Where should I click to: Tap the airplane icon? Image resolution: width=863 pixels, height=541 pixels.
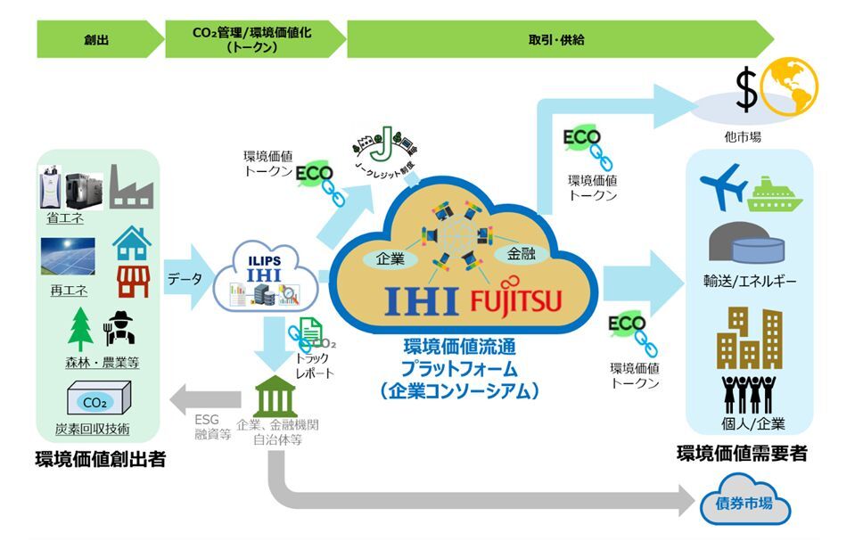725,185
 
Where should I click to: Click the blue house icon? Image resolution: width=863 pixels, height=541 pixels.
131,240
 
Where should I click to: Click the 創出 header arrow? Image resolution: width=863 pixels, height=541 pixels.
96,40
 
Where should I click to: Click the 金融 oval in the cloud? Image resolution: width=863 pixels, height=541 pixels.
515,255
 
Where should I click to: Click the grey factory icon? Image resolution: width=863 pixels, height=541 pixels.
132,188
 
